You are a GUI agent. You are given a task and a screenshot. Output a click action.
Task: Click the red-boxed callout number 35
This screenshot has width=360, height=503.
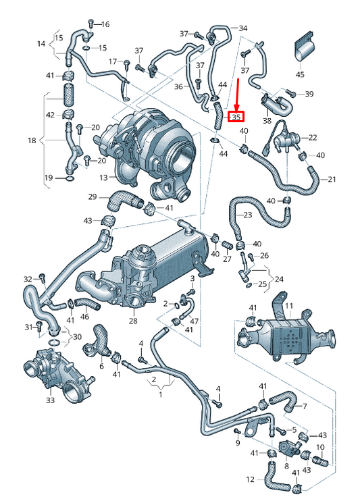236,117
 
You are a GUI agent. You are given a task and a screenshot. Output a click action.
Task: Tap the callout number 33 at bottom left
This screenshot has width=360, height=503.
51,400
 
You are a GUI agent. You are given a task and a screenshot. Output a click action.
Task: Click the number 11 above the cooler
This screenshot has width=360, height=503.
288,307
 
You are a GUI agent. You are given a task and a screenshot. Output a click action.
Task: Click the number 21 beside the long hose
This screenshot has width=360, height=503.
331,180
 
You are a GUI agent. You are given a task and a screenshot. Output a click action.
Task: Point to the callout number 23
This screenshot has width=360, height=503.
247,215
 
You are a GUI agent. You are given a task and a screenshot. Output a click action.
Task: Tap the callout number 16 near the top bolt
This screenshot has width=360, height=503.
105,24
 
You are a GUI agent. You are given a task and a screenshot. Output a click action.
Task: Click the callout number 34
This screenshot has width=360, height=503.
243,28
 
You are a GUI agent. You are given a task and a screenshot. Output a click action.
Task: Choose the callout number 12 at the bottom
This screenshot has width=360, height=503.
250,479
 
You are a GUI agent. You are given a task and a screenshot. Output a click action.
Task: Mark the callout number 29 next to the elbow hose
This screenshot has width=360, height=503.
93,196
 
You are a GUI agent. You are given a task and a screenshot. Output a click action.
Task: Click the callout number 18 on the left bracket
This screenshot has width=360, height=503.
31,140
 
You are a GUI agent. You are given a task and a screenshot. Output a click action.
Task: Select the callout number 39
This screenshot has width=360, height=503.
309,94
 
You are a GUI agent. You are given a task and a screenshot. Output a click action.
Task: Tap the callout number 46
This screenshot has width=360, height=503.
84,316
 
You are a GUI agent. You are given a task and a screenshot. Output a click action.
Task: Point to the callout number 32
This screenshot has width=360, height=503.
28,279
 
